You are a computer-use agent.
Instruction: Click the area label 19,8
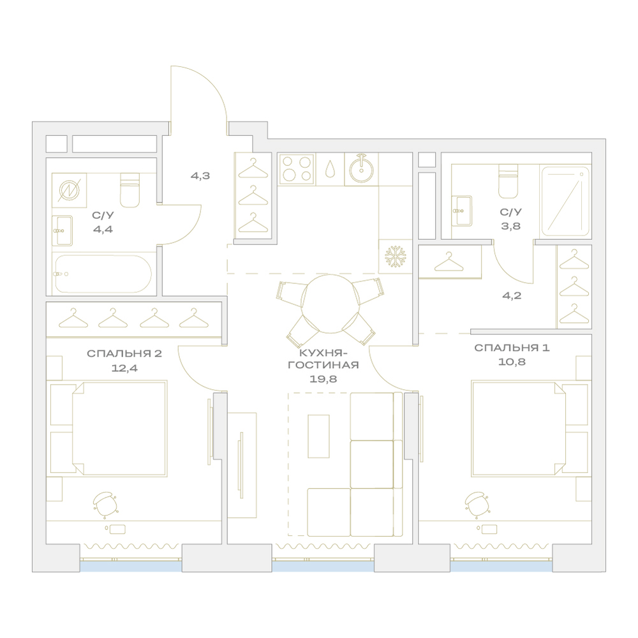tap(323, 379)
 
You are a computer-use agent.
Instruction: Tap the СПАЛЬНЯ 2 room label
tap(124, 353)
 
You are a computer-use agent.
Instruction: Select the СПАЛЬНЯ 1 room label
tap(512, 348)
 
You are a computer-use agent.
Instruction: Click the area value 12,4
tap(124, 368)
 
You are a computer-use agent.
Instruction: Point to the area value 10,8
tap(512, 362)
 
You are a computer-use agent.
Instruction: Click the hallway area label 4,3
tap(200, 176)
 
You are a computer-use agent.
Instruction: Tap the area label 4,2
tap(512, 296)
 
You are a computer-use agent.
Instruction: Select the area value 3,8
tap(510, 226)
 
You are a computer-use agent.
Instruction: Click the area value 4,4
tap(103, 230)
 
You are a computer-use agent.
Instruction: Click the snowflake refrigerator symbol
tap(395, 256)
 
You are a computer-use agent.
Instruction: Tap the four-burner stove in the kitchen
tap(297, 169)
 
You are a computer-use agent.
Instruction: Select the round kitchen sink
tap(361, 169)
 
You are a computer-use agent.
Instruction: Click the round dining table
tap(330, 304)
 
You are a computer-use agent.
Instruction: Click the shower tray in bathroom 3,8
tap(565, 201)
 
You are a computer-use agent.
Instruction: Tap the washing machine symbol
tap(69, 190)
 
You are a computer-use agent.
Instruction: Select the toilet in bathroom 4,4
tap(130, 190)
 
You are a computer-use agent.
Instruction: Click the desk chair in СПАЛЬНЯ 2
tap(105, 505)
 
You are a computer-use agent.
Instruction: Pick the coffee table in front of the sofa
tap(318, 436)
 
